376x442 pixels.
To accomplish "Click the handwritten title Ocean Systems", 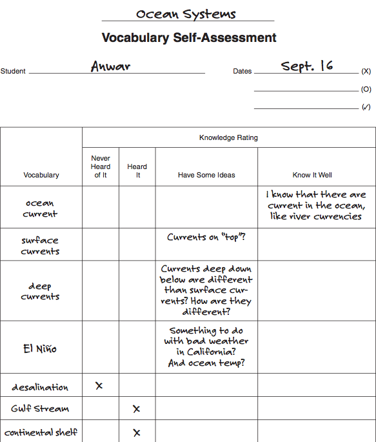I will pos(186,14).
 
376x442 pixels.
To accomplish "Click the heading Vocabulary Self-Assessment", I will pos(189,38).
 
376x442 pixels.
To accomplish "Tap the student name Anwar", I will pos(112,66).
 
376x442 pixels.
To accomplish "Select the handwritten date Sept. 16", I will pos(307,66).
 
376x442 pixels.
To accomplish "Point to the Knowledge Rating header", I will pos(228,137).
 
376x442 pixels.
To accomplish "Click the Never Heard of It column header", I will pos(101,166).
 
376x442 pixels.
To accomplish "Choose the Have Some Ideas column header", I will pos(206,175).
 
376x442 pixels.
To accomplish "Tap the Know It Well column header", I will pos(312,175).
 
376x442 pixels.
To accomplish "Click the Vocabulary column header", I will pos(41,175).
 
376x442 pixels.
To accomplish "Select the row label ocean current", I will pos(40,208).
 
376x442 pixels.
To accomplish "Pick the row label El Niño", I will pos(40,348).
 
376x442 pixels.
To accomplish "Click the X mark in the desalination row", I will pos(99,385).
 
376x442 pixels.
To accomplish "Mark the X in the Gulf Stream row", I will pos(136,408).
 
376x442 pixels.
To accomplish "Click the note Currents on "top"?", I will pos(206,237).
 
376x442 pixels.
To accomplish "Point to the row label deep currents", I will pos(40,291).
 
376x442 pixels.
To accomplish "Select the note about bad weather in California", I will pos(206,347).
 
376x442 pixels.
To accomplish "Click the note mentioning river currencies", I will pos(316,205).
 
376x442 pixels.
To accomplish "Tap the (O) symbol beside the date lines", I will pos(366,90).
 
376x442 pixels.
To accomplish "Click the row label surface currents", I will pos(40,245).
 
